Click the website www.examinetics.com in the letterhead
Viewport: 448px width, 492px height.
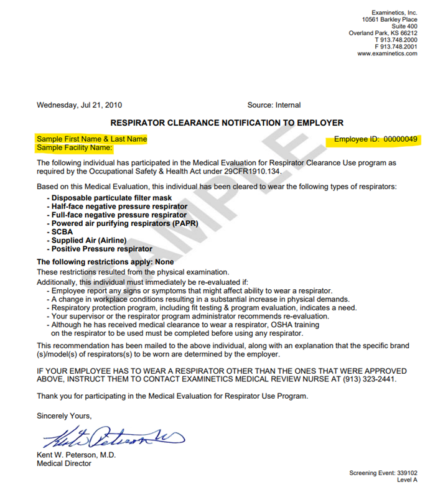[x=387, y=54]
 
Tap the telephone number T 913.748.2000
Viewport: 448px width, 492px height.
[x=396, y=40]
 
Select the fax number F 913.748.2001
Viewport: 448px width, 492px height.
[x=396, y=47]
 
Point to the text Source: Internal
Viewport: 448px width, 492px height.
[x=274, y=105]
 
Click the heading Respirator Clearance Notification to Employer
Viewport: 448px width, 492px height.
[x=226, y=123]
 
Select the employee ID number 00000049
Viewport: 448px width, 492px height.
[x=401, y=139]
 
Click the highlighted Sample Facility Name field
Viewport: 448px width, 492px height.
[x=75, y=148]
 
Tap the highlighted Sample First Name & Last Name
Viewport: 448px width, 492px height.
[x=92, y=139]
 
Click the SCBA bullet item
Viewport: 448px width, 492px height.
[x=63, y=232]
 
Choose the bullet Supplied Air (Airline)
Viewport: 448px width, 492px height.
[x=89, y=240]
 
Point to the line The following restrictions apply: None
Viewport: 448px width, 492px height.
[x=105, y=262]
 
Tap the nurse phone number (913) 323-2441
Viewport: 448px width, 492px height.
[x=369, y=379]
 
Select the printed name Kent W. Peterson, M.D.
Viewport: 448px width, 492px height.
[x=75, y=455]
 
